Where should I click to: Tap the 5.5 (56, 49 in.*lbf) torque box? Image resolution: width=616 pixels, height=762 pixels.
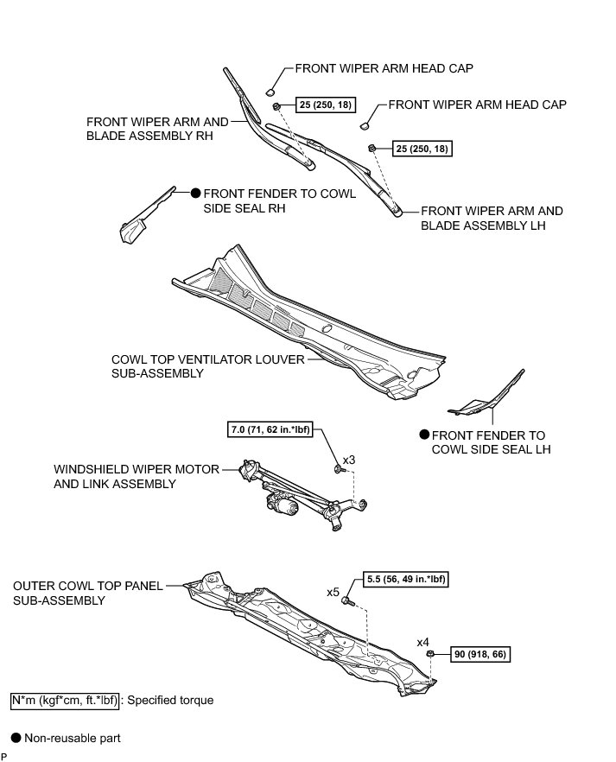401,580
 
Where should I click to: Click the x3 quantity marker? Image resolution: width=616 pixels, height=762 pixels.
349,460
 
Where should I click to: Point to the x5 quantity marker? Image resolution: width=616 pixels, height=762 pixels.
333,593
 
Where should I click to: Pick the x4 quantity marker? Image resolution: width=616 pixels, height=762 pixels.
423,643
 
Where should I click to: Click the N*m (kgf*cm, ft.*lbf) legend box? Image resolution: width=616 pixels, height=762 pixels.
63,701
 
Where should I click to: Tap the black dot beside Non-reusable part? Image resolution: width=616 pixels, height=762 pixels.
15,739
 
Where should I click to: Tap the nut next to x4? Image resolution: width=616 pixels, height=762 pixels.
430,656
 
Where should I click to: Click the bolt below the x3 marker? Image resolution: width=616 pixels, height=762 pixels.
337,469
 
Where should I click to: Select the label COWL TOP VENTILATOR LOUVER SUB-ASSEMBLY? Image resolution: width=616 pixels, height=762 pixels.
207,366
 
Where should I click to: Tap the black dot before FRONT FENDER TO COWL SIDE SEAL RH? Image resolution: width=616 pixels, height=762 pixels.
196,194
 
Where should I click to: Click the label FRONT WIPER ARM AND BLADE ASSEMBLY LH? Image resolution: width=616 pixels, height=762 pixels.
492,218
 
